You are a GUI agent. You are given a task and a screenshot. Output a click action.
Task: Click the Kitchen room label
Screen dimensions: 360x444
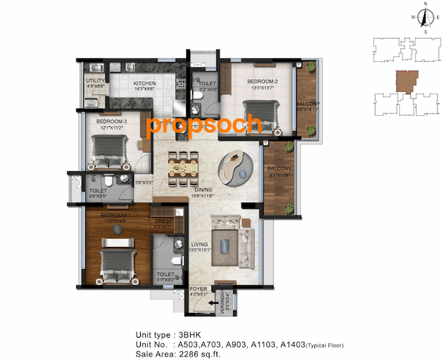pyautogui.click(x=144, y=83)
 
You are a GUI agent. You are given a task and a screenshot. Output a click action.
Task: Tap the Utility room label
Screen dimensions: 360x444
pyautogui.click(x=95, y=81)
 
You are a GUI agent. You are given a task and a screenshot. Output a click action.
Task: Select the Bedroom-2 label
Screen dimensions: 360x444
pyautogui.click(x=260, y=82)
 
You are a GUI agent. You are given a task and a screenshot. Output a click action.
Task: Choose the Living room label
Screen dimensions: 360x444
pyautogui.click(x=199, y=244)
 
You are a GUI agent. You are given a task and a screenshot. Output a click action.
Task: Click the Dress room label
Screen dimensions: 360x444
pyautogui.click(x=163, y=221)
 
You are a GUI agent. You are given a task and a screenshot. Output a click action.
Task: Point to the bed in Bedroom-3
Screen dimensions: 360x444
pyautogui.click(x=109, y=151)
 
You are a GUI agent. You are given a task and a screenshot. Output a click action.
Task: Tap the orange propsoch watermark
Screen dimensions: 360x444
pyautogui.click(x=205, y=125)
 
